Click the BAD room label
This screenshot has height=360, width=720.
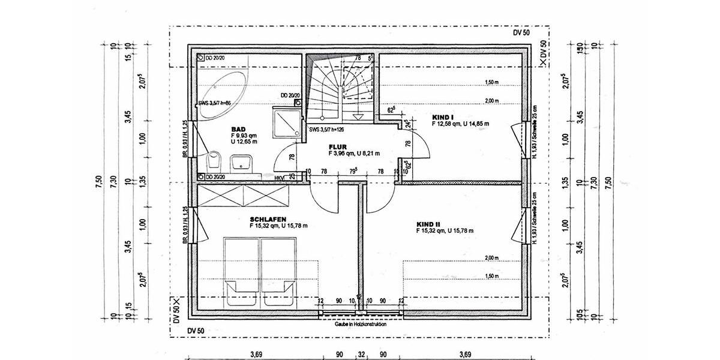[x=238, y=129]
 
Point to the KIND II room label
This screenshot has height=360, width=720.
[x=428, y=223]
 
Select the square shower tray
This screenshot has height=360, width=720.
[x=287, y=122]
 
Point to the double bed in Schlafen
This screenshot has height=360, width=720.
[x=259, y=270]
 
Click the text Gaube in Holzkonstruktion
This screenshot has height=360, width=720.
[x=361, y=324]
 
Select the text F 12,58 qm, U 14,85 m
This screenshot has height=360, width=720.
[x=460, y=123]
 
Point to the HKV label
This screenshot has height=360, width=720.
[x=279, y=177]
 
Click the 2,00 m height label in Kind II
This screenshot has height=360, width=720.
[x=491, y=257]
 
